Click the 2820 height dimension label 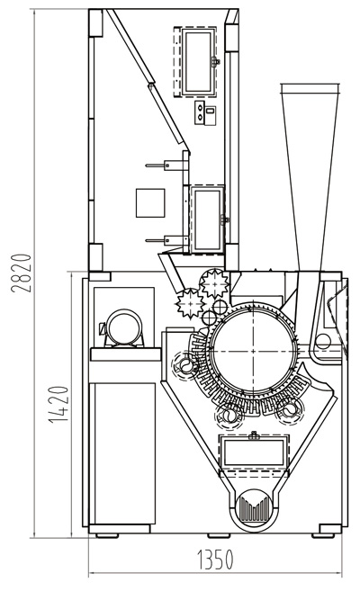click(x=21, y=273)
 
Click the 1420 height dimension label click(x=58, y=404)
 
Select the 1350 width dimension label click(x=216, y=560)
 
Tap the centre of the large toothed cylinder click(x=253, y=352)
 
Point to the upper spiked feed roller click(x=214, y=283)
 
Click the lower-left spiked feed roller click(x=191, y=302)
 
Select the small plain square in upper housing click(x=150, y=202)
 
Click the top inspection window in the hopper click(x=196, y=62)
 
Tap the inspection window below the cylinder click(x=254, y=453)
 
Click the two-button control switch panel click(x=205, y=112)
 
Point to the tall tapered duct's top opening click(x=310, y=88)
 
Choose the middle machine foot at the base click(x=219, y=535)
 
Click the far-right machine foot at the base click(x=323, y=535)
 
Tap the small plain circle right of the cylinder click(x=323, y=342)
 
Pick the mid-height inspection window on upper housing click(x=207, y=219)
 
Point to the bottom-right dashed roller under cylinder click(x=289, y=409)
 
